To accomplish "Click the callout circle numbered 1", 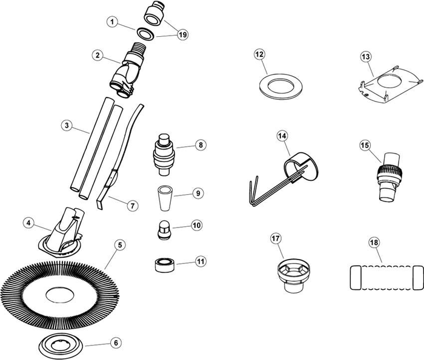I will tap(111, 23).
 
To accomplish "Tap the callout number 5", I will tap(121, 244).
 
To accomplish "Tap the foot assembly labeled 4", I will tap(61, 233).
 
